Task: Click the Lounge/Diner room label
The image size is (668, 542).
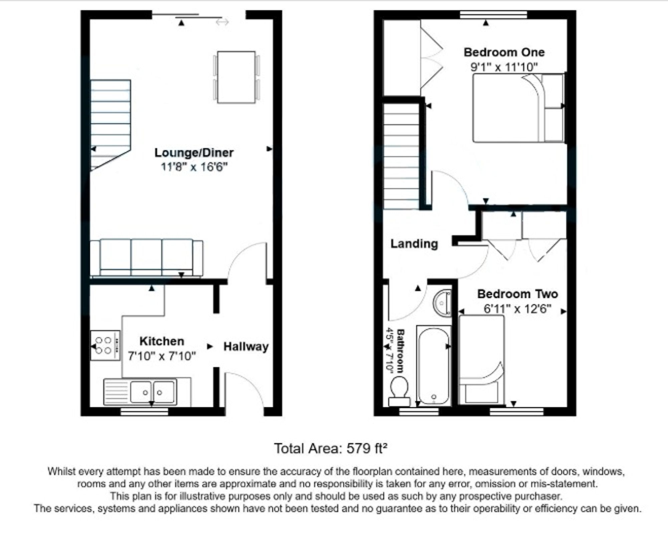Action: point(194,153)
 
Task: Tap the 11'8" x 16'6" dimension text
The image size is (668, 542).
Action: point(194,167)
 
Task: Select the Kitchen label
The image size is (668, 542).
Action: point(162,341)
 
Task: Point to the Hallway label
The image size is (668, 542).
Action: point(246,347)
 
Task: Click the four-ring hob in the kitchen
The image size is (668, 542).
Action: point(105,345)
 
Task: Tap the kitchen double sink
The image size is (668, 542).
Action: point(140,392)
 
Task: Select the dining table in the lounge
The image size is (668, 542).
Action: point(236,77)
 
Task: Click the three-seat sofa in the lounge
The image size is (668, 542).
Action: point(146,258)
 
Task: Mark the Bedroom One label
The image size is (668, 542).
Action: point(504,52)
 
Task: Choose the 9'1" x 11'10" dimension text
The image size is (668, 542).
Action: point(504,67)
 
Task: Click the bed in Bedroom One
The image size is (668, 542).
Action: point(519,108)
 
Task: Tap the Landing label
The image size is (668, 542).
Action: point(414,244)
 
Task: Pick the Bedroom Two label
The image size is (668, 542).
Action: point(517,294)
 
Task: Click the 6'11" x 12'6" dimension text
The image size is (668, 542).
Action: point(517,309)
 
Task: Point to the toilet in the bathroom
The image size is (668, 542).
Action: point(399,391)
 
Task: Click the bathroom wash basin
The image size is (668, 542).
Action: point(442,303)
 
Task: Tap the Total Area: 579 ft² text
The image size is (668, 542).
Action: point(331,448)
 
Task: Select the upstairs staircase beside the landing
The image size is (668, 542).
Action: point(401,156)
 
